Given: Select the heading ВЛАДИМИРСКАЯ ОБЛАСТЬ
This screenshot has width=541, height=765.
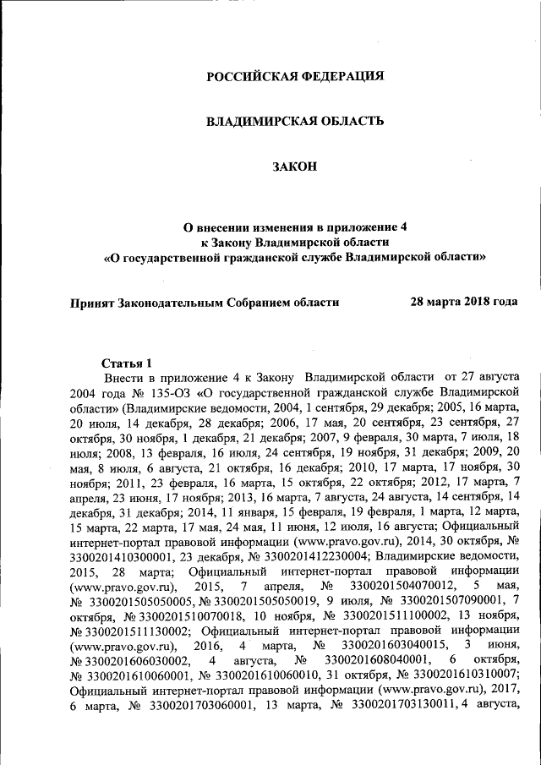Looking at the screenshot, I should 296,122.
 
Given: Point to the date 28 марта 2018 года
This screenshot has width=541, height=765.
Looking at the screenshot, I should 464,301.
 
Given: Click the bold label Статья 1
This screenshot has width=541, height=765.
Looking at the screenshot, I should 127,362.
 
